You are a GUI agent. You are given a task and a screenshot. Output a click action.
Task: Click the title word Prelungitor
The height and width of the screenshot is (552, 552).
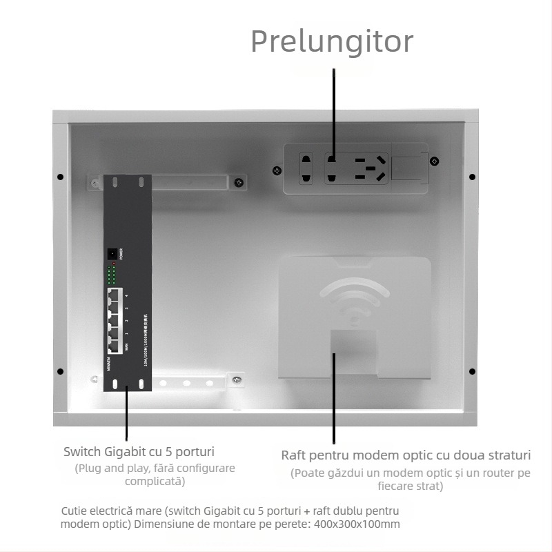tap(332, 41)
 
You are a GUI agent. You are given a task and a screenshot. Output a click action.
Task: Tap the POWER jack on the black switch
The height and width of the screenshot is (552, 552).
tap(110, 254)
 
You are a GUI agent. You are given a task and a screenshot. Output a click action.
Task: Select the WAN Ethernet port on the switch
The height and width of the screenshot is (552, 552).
tap(115, 344)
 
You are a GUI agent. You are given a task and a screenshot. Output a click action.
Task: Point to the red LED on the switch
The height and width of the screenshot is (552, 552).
tap(110, 268)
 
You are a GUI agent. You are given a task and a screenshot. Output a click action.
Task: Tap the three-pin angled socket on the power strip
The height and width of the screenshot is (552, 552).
tap(369, 168)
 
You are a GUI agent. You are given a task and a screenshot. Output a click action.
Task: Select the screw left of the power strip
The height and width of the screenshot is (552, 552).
tap(277, 170)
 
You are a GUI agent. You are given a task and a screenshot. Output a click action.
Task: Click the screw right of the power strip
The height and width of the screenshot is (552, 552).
tap(434, 161)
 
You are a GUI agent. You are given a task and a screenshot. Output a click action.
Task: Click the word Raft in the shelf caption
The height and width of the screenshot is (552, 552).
tap(293, 456)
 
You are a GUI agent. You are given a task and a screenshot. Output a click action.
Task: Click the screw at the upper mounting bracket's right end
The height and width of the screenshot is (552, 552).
tap(238, 183)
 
